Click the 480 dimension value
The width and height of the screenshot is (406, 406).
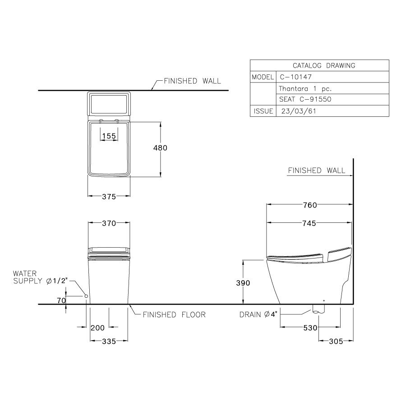click(160, 148)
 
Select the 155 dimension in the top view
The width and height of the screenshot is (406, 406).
click(109, 136)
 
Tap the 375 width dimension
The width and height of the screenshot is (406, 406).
click(109, 196)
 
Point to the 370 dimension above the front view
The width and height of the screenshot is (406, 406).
click(109, 223)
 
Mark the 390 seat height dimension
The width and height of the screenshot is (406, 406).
click(243, 282)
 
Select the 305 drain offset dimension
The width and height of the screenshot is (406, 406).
click(336, 341)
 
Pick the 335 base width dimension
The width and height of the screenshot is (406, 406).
click(109, 341)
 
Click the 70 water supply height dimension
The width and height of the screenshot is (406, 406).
click(61, 300)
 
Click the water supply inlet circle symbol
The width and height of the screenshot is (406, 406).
click(86, 295)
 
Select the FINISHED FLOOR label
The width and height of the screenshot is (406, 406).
click(174, 314)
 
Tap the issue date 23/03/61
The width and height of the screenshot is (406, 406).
click(298, 111)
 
